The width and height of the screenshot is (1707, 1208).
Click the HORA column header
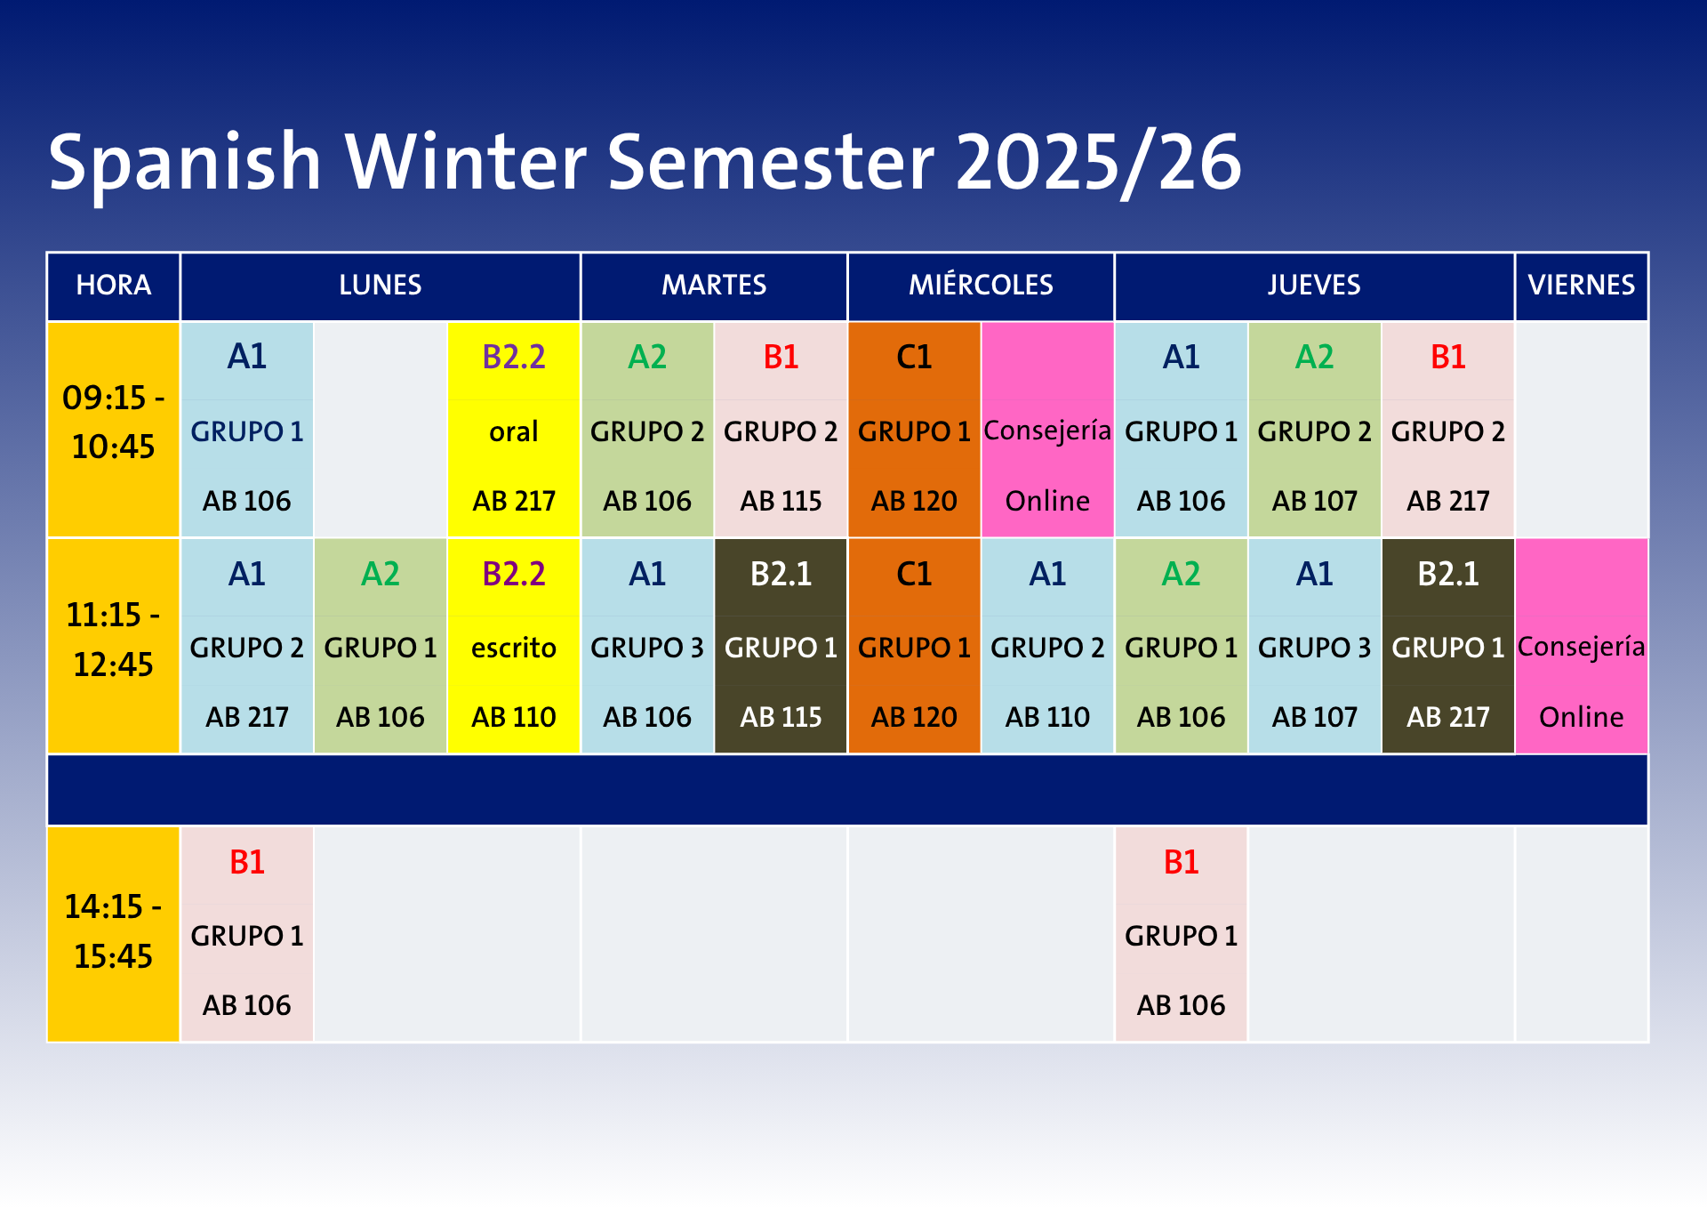[114, 285]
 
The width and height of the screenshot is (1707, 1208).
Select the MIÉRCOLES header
[981, 284]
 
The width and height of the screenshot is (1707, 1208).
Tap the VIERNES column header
[1582, 285]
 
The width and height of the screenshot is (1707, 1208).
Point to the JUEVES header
[1314, 285]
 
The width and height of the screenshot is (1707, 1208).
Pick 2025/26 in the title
[1099, 163]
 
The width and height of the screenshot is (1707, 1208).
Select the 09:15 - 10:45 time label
[114, 422]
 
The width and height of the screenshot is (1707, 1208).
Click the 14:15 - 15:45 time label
[114, 931]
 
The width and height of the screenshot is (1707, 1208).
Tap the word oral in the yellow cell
[514, 431]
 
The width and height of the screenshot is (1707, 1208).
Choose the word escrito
[514, 648]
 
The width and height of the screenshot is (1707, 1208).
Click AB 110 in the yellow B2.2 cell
[514, 717]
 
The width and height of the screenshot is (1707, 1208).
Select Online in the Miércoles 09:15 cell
[1047, 501]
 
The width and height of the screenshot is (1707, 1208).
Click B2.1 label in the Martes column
[781, 575]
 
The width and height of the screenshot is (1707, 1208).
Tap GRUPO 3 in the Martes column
[647, 648]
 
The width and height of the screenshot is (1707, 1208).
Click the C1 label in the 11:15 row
[914, 575]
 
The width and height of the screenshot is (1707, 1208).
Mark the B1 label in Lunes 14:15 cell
[247, 863]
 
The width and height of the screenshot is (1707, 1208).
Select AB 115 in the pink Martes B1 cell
[781, 501]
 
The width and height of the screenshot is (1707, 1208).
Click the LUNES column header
[381, 285]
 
